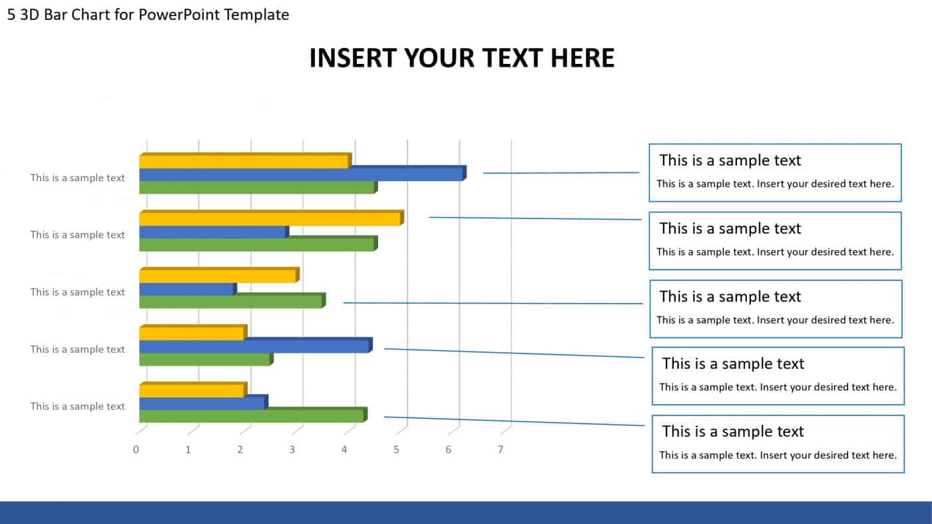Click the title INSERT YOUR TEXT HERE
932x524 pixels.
pos(461,59)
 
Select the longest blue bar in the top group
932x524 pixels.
pos(300,174)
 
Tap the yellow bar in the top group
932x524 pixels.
pos(243,162)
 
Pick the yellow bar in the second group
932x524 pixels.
pos(270,219)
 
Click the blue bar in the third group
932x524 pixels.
pos(186,290)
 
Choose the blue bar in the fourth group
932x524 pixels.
pos(253,346)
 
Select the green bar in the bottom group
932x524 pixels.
pos(251,415)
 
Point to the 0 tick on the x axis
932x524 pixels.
pos(136,449)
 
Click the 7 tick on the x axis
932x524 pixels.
pos(501,449)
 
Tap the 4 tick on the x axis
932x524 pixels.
pos(344,449)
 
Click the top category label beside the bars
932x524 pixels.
pos(77,178)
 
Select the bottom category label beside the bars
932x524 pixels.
pos(77,406)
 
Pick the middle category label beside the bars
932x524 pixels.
pos(77,292)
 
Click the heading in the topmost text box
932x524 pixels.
pos(730,160)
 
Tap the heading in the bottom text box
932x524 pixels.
pos(733,431)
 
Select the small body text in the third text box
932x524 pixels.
pos(775,320)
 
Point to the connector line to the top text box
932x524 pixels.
pos(561,173)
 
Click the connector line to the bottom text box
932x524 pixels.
pos(514,421)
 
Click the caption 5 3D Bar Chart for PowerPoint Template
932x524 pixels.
pos(148,15)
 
